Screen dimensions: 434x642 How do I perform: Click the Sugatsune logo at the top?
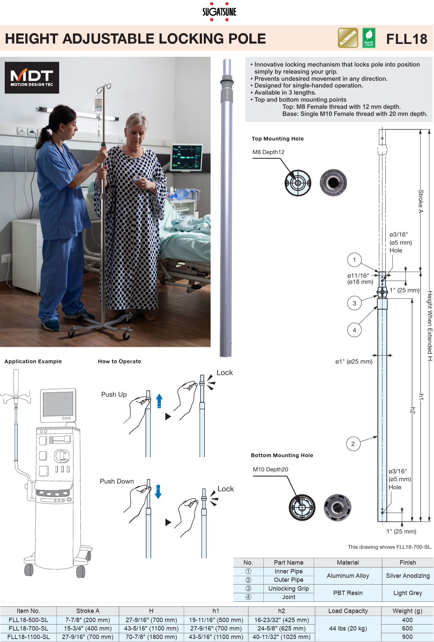tap(219, 12)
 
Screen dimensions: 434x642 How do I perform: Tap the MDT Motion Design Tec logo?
tap(32, 77)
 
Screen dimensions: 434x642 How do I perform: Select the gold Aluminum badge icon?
tap(348, 38)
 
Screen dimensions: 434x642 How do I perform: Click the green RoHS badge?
tap(368, 38)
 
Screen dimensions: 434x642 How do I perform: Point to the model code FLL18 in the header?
tap(407, 39)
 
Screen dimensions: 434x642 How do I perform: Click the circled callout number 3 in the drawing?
tap(354, 303)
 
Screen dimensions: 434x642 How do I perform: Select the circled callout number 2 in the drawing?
tap(353, 444)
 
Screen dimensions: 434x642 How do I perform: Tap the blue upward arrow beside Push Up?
tap(159, 401)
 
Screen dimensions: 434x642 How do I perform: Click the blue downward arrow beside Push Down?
tap(158, 492)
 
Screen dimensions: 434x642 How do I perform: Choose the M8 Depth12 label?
tap(268, 152)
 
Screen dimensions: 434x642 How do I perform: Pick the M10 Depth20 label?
tap(270, 469)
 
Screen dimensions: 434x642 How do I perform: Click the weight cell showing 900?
tap(407, 637)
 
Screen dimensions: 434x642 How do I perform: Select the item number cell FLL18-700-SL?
tap(28, 628)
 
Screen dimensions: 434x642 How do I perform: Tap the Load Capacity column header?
tap(348, 611)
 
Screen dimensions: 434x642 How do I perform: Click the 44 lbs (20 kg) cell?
tap(348, 628)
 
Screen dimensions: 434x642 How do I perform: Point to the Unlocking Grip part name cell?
tap(288, 589)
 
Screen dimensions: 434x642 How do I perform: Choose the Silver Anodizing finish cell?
tap(408, 576)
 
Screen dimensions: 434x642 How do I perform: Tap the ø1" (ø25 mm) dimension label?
tap(354, 362)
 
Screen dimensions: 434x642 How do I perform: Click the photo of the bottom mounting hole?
tap(337, 507)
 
